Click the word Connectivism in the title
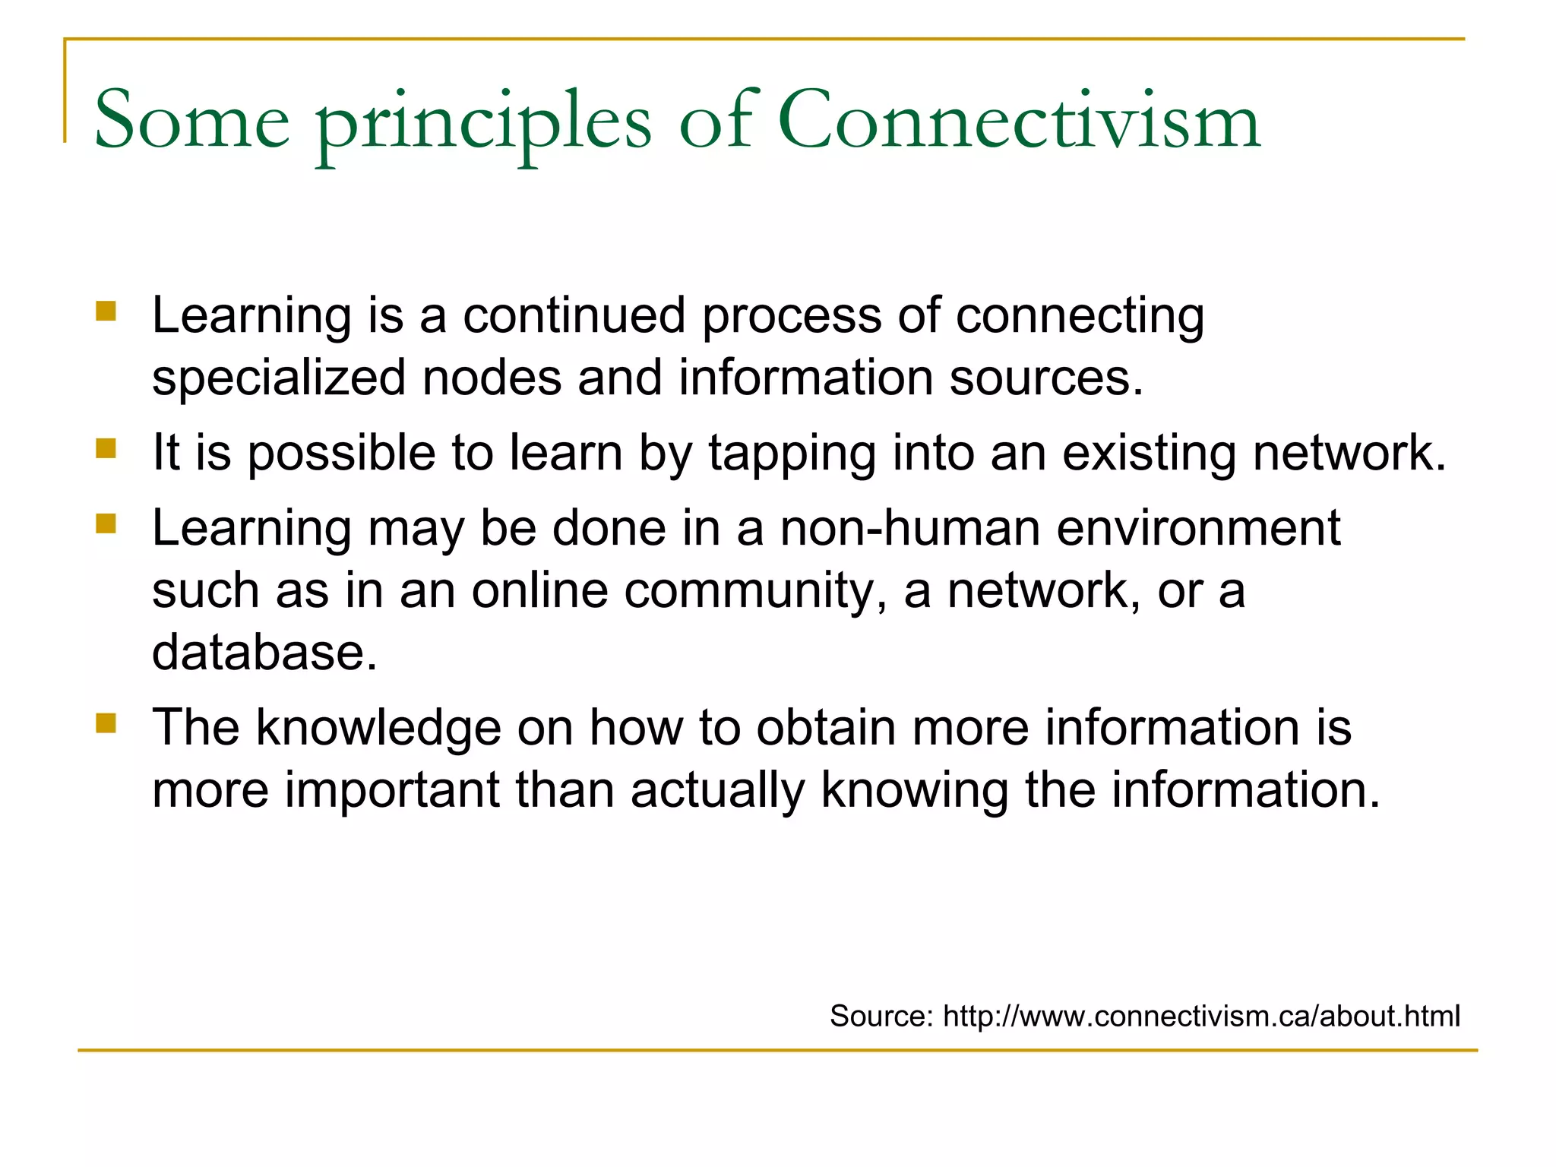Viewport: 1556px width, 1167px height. pyautogui.click(x=1018, y=120)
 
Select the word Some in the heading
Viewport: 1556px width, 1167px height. pyautogui.click(x=191, y=120)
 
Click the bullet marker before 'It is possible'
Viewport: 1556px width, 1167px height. pyautogui.click(x=106, y=448)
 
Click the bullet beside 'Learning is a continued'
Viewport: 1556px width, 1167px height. pyautogui.click(x=106, y=311)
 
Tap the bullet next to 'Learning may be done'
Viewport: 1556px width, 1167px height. pyautogui.click(x=106, y=523)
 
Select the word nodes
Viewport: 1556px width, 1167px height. pyautogui.click(x=492, y=378)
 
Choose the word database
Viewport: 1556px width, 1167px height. pyautogui.click(x=264, y=653)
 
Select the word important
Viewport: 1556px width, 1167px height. pyautogui.click(x=392, y=791)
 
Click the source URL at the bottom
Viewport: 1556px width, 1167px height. pyautogui.click(x=1201, y=1016)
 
